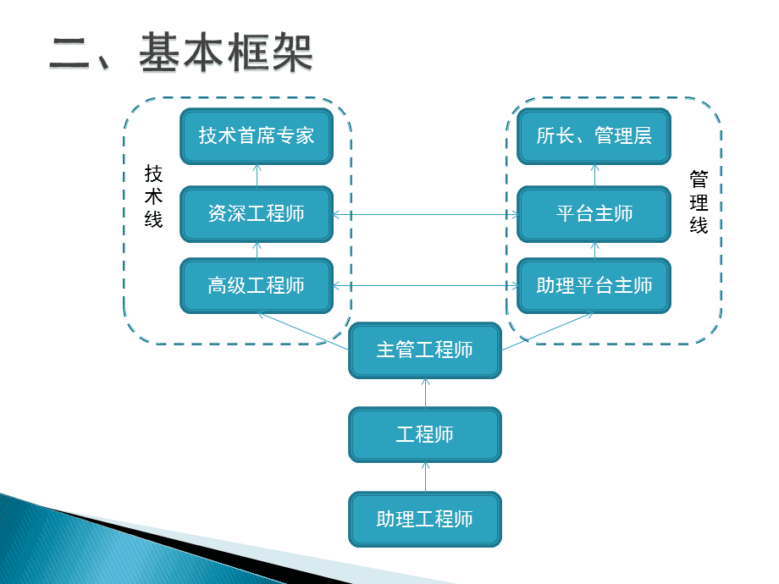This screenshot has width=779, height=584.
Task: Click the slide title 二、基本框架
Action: pyautogui.click(x=181, y=52)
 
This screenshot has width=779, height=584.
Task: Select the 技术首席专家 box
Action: pyautogui.click(x=257, y=135)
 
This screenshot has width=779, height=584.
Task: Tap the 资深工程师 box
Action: pyautogui.click(x=257, y=213)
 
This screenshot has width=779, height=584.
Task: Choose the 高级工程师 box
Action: pyautogui.click(x=257, y=285)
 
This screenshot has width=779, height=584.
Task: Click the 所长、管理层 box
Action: pyautogui.click(x=594, y=135)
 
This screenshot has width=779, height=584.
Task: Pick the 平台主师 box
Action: pyautogui.click(x=594, y=213)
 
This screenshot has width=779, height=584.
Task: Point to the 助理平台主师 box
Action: pyautogui.click(x=594, y=285)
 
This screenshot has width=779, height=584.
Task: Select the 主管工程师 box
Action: pyautogui.click(x=425, y=350)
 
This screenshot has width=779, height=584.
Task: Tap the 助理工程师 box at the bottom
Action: pyautogui.click(x=425, y=519)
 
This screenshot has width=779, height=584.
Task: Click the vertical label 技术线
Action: pyautogui.click(x=153, y=196)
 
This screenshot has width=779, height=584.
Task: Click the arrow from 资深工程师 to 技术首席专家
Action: pyautogui.click(x=257, y=175)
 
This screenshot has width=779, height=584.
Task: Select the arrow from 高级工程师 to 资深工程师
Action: pyautogui.click(x=257, y=250)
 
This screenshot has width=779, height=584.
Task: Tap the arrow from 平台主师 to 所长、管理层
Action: pyautogui.click(x=594, y=175)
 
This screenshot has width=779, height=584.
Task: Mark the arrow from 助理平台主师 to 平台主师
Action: pyautogui.click(x=594, y=250)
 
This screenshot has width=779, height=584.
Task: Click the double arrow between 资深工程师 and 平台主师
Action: pyautogui.click(x=425, y=214)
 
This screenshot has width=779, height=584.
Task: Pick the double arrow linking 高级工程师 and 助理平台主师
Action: pyautogui.click(x=425, y=285)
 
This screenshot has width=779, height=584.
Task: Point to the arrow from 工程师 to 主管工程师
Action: pyautogui.click(x=425, y=392)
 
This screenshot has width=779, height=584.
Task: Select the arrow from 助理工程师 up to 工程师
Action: pyautogui.click(x=425, y=477)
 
